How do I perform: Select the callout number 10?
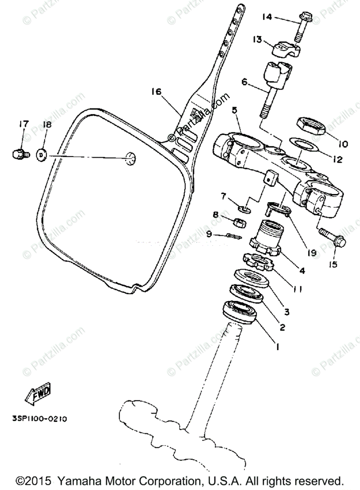[342, 144]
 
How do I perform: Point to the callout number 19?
[312, 253]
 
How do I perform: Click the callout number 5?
[234, 110]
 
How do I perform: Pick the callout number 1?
[277, 347]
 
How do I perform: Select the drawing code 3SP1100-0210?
[40, 419]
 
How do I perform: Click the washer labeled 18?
[42, 155]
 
